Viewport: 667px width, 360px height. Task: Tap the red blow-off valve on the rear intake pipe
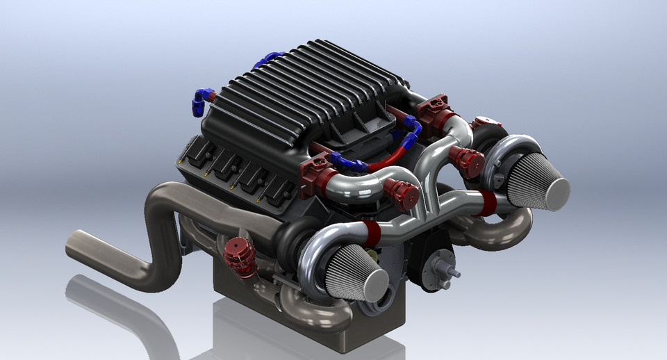click(469, 161)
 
